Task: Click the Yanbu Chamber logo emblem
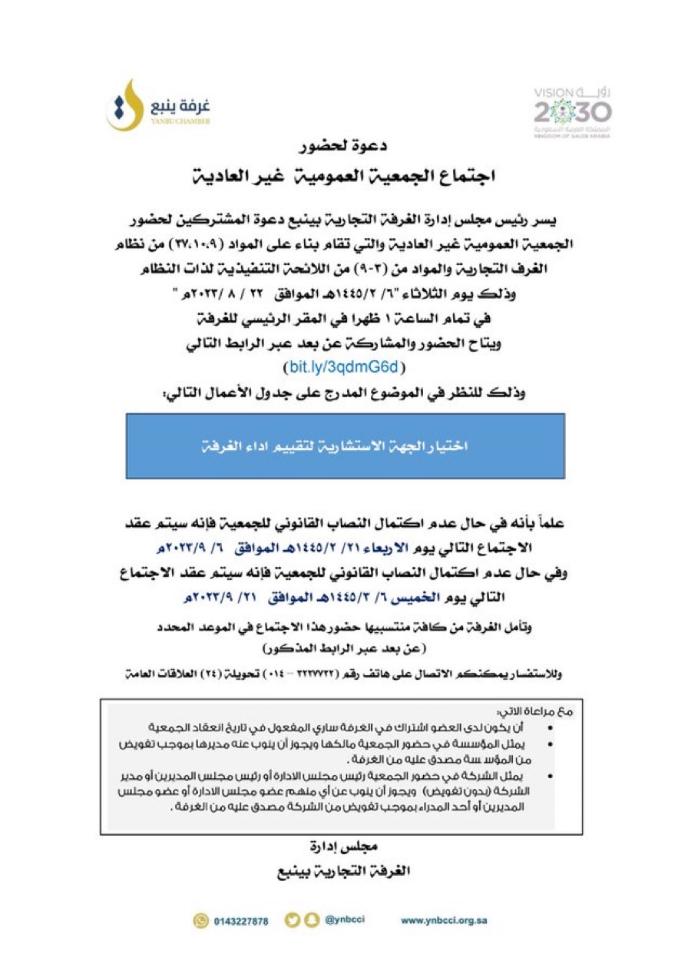(x=124, y=106)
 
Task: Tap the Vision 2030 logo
(x=573, y=110)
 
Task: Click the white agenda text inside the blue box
(x=345, y=446)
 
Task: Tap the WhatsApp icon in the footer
(x=201, y=920)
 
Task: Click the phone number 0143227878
(x=241, y=921)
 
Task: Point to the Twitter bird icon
(x=292, y=920)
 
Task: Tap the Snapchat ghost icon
(x=311, y=920)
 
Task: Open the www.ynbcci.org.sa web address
(x=444, y=920)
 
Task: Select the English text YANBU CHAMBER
(x=181, y=121)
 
